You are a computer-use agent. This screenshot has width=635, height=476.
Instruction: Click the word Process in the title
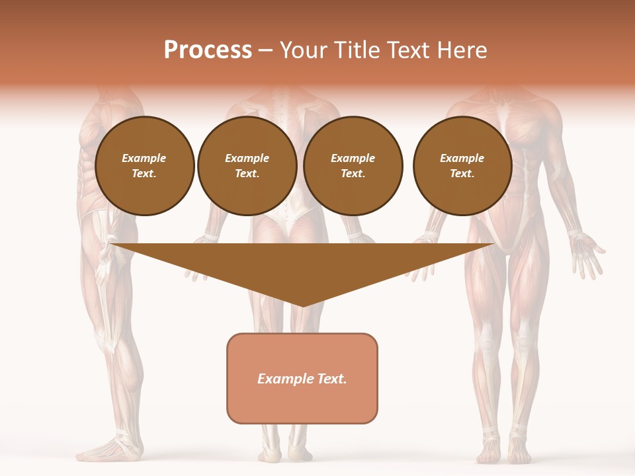pyautogui.click(x=208, y=50)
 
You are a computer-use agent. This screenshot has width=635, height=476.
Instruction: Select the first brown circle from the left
pyautogui.click(x=145, y=166)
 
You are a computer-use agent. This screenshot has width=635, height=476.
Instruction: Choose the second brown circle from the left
pyautogui.click(x=247, y=166)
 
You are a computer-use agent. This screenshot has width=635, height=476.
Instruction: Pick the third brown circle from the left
pyautogui.click(x=353, y=166)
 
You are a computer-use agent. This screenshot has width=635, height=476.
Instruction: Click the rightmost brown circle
pyautogui.click(x=462, y=166)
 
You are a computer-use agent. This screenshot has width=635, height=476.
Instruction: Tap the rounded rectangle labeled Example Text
pyautogui.click(x=302, y=378)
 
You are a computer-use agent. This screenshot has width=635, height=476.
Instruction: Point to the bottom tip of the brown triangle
pyautogui.click(x=302, y=305)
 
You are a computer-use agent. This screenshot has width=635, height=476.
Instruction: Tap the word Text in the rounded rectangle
pyautogui.click(x=330, y=379)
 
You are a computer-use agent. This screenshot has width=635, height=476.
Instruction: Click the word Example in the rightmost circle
pyautogui.click(x=462, y=158)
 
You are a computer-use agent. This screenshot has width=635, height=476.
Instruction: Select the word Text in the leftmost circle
pyautogui.click(x=144, y=174)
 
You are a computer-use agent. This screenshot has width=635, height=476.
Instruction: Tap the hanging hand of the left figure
pyautogui.click(x=103, y=264)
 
